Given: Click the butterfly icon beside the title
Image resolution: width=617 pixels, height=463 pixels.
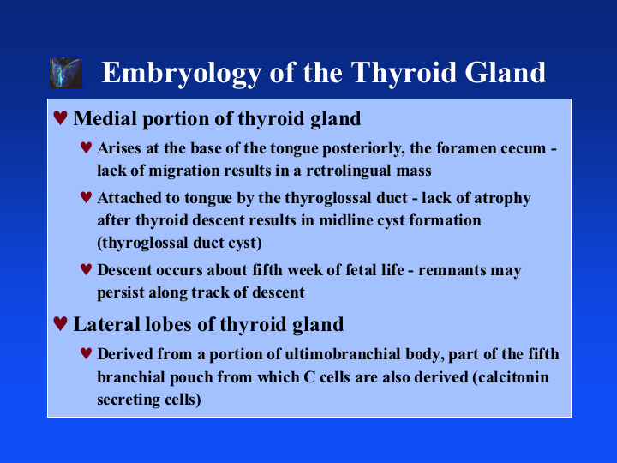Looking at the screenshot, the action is point(66,73).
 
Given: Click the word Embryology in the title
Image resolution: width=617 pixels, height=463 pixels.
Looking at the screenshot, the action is point(182,73).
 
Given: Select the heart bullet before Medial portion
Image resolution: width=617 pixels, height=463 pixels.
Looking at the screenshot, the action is point(60,117).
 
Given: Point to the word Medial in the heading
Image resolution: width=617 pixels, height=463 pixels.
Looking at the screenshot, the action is point(105,118).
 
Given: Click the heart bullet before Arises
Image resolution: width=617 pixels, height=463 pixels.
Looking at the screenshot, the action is point(87,147).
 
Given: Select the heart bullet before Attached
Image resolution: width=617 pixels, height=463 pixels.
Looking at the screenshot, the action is point(87,197).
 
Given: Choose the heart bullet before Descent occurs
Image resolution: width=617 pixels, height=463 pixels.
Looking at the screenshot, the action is point(87,269).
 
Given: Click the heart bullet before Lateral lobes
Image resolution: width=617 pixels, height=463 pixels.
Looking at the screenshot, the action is point(60,323).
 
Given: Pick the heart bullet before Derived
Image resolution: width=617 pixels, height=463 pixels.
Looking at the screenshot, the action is point(87,353).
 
